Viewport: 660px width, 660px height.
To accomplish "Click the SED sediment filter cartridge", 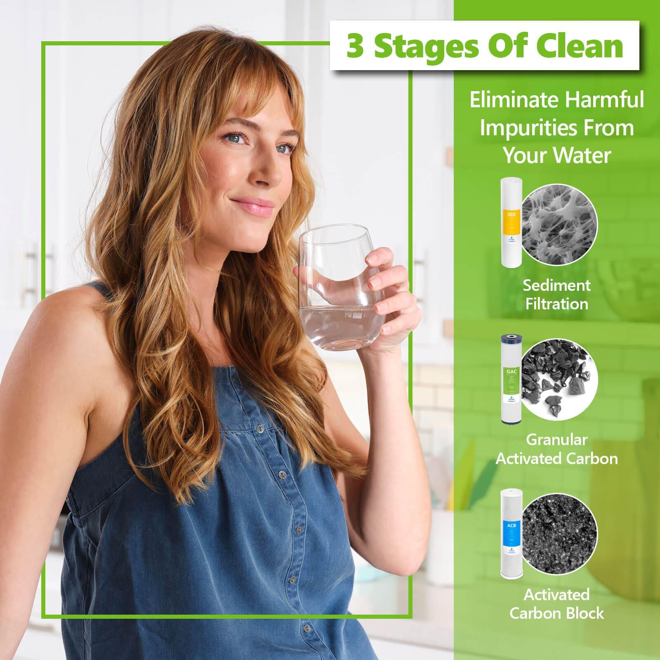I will pyautogui.click(x=510, y=221).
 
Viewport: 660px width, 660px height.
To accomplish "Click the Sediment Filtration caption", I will pyautogui.click(x=556, y=295).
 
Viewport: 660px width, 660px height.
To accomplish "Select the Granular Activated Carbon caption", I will pyautogui.click(x=556, y=449).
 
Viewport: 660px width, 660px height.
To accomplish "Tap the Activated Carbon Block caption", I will pyautogui.click(x=556, y=603).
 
